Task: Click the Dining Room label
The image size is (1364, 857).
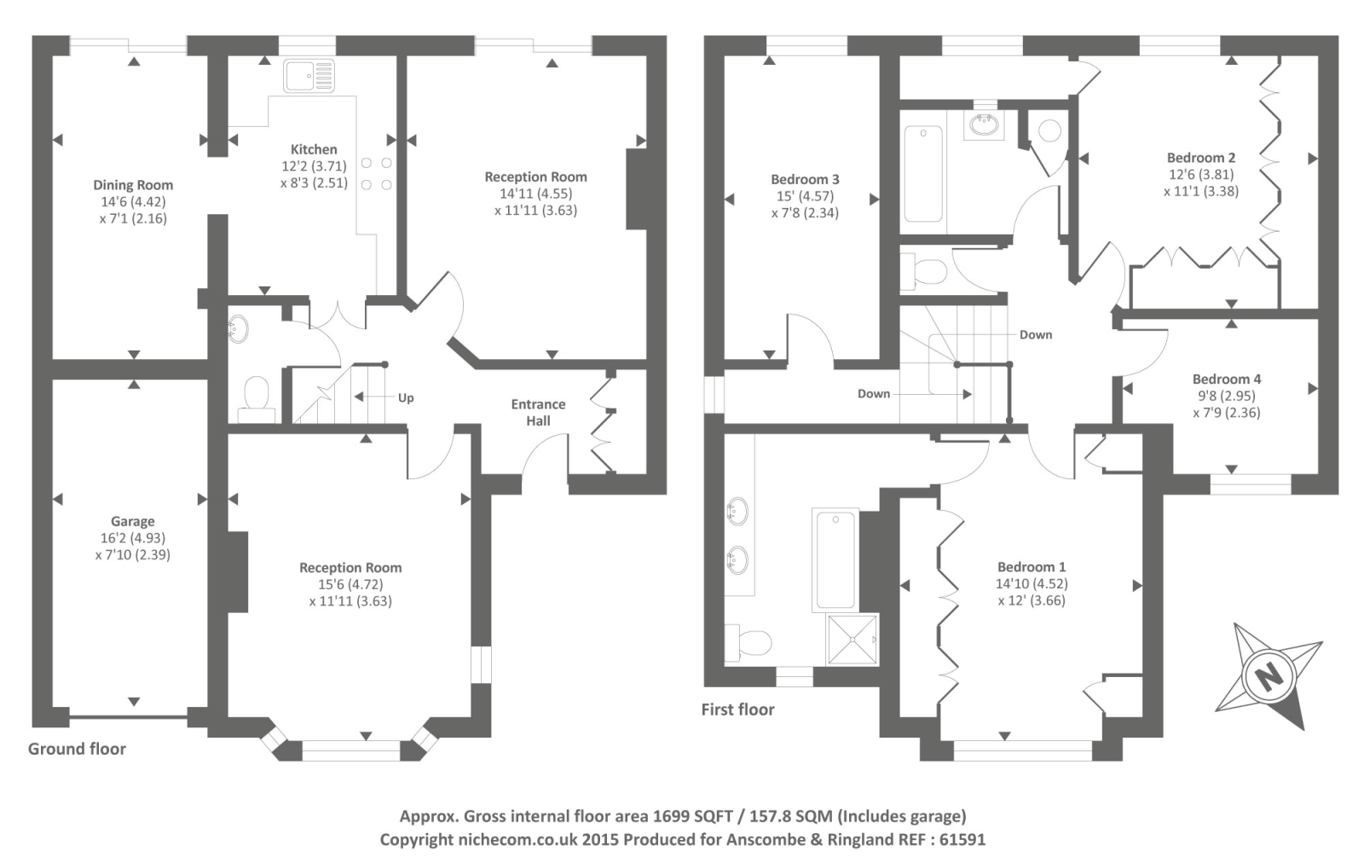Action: point(133,185)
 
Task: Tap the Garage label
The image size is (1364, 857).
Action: point(133,521)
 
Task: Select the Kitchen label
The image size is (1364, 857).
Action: point(314,149)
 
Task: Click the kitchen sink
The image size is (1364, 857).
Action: point(309,76)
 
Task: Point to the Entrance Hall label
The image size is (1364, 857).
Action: point(538,412)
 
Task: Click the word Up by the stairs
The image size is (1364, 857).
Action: point(406,397)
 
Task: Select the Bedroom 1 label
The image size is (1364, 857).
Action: point(1032,567)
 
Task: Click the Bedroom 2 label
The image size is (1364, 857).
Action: point(1201,158)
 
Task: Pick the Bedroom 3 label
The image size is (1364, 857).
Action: point(805,179)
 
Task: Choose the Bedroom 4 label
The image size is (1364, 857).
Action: point(1227,379)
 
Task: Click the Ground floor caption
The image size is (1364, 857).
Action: point(77,749)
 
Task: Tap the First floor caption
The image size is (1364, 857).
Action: point(737,709)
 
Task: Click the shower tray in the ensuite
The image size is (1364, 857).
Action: point(852,639)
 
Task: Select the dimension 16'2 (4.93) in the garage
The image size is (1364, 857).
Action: point(133,538)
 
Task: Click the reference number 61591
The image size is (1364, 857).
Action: point(962,839)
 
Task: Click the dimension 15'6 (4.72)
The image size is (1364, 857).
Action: point(350,584)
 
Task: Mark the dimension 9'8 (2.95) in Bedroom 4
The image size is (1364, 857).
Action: point(1227,396)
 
